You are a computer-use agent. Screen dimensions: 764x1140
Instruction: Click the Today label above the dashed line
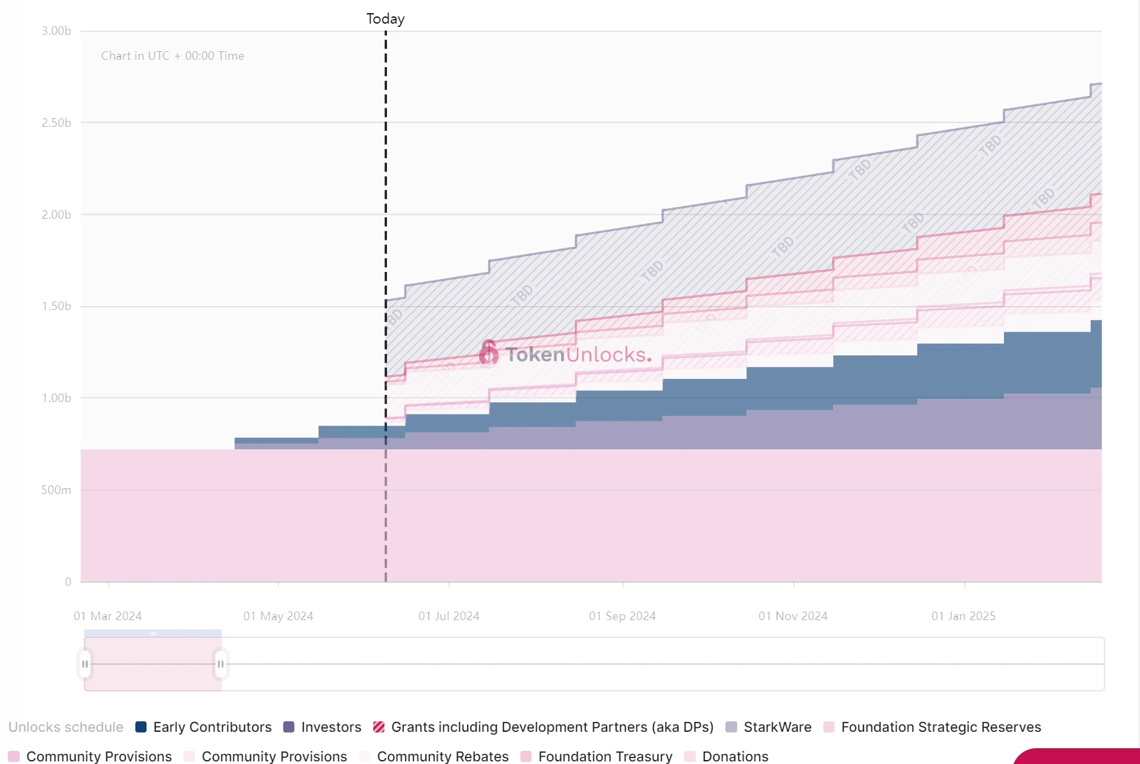pyautogui.click(x=385, y=19)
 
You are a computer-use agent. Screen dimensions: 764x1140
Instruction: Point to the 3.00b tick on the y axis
pyautogui.click(x=57, y=31)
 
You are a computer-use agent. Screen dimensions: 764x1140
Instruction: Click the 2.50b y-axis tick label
pyautogui.click(x=57, y=123)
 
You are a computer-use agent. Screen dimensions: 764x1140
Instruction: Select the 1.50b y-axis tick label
pyautogui.click(x=57, y=306)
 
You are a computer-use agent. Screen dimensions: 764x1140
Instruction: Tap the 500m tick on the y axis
pyautogui.click(x=57, y=490)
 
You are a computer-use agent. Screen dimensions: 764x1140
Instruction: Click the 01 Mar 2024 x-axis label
pyautogui.click(x=108, y=616)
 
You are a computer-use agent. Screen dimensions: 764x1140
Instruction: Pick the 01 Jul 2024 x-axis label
pyautogui.click(x=449, y=616)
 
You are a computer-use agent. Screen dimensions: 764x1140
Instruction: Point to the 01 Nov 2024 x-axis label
pyautogui.click(x=793, y=616)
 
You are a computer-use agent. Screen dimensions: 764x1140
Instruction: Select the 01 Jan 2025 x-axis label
pyautogui.click(x=963, y=616)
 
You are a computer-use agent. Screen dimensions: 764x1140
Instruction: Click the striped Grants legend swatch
pyautogui.click(x=379, y=727)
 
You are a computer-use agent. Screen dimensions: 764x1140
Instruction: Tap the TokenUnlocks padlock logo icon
pyautogui.click(x=488, y=353)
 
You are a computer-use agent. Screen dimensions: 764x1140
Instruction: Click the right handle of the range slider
pyautogui.click(x=221, y=664)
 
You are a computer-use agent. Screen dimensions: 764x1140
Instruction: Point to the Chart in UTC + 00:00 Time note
pyautogui.click(x=173, y=56)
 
